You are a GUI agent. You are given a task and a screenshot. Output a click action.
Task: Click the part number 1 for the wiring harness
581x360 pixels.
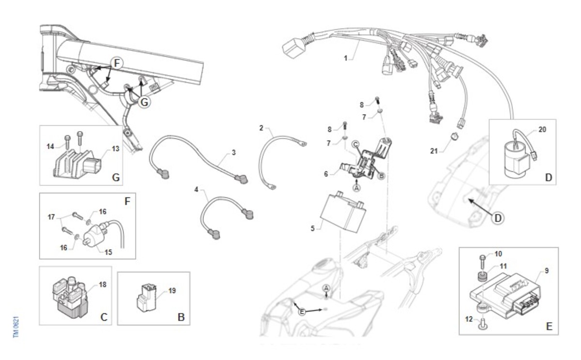(346, 58)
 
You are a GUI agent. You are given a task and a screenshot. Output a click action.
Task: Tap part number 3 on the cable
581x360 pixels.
(233, 152)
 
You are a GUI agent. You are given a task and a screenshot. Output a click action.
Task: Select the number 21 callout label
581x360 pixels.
(433, 151)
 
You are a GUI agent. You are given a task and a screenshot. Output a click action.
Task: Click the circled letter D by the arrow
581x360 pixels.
(498, 218)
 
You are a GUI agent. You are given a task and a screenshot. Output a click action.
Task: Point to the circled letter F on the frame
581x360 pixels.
(116, 62)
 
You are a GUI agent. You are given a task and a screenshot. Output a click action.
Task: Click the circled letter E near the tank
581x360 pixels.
(302, 312)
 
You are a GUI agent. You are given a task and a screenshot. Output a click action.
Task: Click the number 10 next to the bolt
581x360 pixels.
(498, 254)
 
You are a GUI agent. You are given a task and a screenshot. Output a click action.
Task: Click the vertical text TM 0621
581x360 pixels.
(15, 327)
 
